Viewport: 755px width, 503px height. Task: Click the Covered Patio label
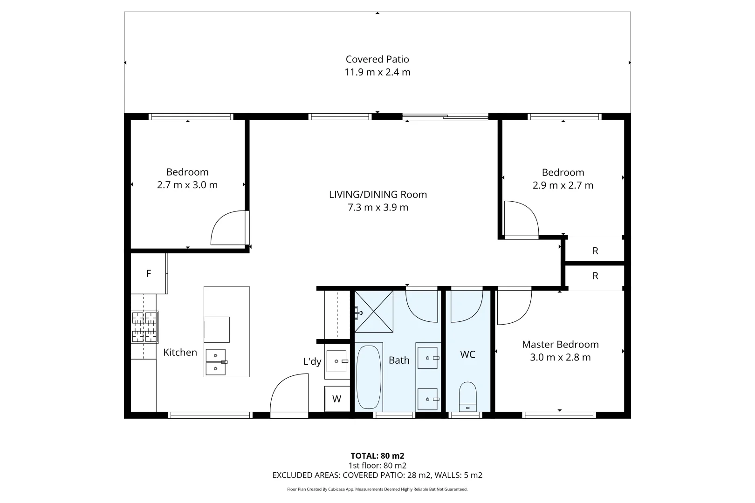(377, 59)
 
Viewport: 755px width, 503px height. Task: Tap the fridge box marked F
(148, 273)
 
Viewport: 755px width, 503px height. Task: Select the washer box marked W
(336, 399)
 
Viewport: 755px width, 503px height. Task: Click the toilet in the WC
(467, 396)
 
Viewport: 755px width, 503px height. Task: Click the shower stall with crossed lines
(374, 311)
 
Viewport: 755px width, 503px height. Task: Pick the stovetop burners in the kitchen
(144, 326)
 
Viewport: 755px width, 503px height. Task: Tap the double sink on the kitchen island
(215, 362)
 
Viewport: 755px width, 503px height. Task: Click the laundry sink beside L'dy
(336, 361)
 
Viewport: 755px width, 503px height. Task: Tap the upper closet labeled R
(595, 251)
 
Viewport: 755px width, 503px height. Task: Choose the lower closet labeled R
(595, 276)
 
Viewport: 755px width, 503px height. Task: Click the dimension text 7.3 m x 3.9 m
(377, 208)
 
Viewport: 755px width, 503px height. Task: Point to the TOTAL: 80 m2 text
(377, 456)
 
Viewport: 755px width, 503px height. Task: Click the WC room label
(467, 354)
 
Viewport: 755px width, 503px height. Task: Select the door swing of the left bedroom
(228, 228)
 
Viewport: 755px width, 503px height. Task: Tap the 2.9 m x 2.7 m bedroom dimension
(563, 185)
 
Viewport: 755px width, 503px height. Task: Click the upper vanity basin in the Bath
(427, 358)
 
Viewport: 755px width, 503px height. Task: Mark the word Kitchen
(180, 353)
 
